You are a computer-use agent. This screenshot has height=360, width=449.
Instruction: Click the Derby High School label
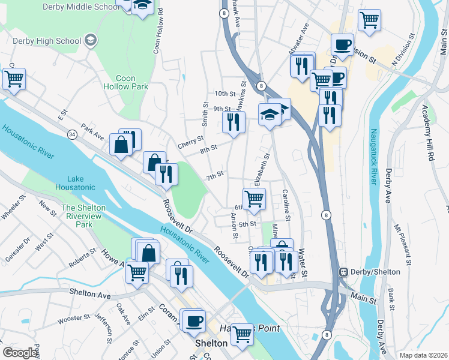(47, 41)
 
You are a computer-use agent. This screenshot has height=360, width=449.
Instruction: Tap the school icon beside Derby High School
(91, 41)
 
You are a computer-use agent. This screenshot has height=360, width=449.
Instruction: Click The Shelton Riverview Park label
(83, 216)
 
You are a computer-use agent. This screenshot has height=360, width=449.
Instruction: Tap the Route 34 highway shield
(71, 133)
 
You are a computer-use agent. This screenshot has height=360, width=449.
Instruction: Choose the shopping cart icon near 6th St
(255, 198)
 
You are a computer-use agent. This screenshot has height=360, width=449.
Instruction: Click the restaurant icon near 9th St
(234, 122)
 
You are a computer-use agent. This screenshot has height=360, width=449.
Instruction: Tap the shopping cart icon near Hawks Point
(243, 333)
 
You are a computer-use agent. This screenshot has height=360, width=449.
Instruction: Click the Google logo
(20, 353)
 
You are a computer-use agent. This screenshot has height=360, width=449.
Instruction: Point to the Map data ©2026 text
(423, 355)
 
